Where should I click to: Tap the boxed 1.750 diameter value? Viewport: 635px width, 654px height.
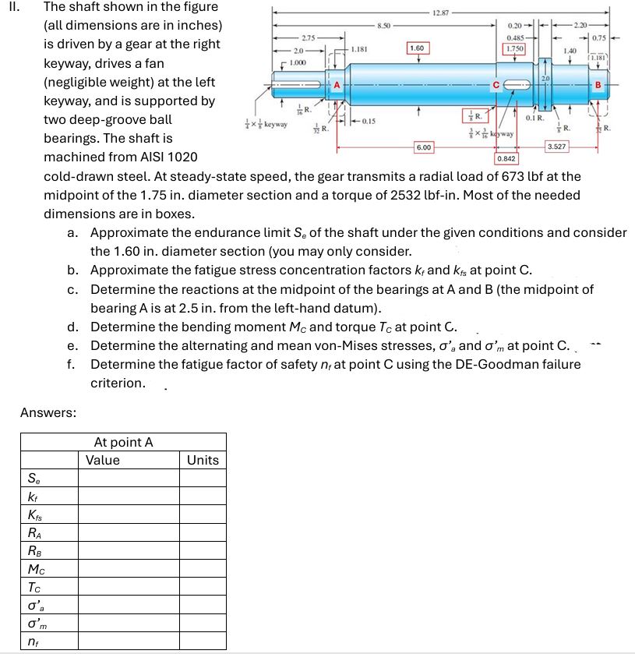(513, 48)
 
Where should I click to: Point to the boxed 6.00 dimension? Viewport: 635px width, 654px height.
(423, 147)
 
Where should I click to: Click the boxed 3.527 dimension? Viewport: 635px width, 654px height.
(557, 147)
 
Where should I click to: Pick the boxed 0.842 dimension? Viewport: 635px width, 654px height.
(506, 158)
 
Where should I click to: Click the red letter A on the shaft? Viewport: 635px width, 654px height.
(337, 84)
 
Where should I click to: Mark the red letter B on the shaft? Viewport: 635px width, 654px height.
(598, 84)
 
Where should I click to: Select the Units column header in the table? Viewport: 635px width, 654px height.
(203, 460)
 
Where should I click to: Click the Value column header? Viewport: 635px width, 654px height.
(103, 460)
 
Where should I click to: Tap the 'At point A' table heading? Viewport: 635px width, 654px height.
(123, 442)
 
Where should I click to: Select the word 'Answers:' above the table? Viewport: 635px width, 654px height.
(48, 412)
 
